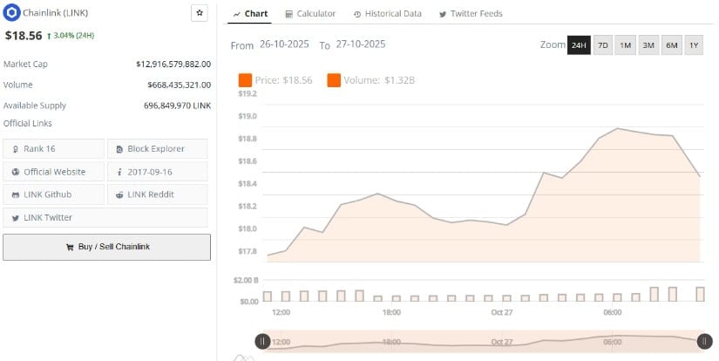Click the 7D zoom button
click(603, 44)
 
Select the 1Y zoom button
click(694, 44)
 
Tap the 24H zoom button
click(579, 44)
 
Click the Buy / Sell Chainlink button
click(106, 247)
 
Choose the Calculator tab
click(311, 14)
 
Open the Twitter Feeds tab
click(471, 14)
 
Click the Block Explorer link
click(157, 148)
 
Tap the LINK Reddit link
click(157, 194)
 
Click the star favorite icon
click(199, 13)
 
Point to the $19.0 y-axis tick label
click(248, 116)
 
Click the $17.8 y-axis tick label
click(248, 251)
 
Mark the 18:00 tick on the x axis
click(391, 312)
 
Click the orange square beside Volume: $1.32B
click(334, 80)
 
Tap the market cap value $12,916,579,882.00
click(173, 64)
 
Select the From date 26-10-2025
click(284, 44)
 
